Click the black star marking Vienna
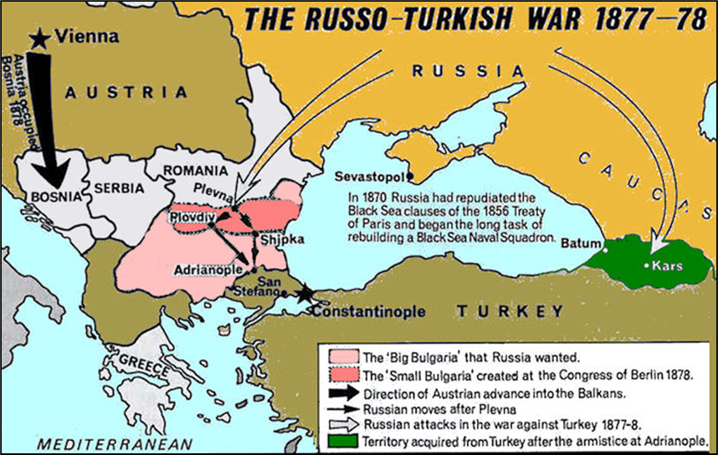point(39,37)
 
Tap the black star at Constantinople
point(305,293)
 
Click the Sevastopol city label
point(369,177)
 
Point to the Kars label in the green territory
point(669,266)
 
